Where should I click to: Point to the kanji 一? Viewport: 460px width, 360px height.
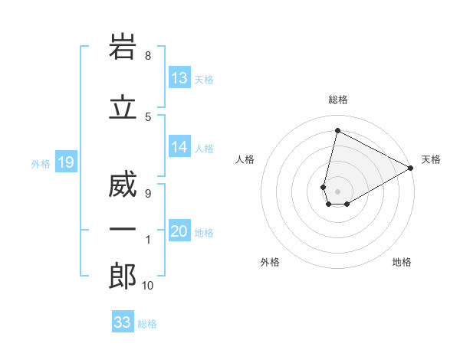tap(123, 230)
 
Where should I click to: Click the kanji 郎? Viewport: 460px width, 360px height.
tap(123, 277)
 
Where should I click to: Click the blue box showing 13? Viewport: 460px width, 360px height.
tap(179, 78)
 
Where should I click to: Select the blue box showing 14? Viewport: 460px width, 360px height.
tap(179, 148)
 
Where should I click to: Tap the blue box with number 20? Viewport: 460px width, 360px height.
tap(179, 232)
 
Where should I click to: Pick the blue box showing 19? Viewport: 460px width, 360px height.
tap(65, 162)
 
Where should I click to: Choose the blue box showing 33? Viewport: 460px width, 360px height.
tap(123, 322)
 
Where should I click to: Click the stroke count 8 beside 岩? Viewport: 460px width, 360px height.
tap(148, 56)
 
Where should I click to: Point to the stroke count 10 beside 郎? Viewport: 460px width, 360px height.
tap(148, 286)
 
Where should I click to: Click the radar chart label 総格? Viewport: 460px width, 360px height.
tap(338, 100)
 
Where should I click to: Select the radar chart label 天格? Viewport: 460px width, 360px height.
tap(431, 159)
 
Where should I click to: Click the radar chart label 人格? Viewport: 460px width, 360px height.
tap(245, 159)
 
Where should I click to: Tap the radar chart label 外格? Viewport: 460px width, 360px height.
tap(270, 262)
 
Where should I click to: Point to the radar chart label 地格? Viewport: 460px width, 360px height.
tap(402, 262)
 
